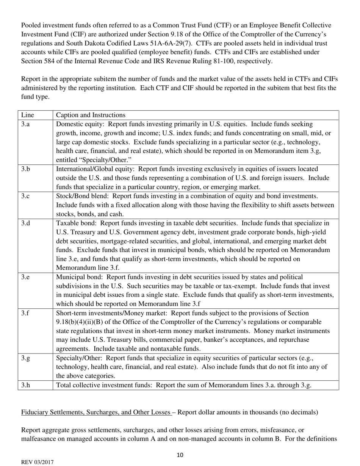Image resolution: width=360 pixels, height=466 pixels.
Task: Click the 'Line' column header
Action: [x=27, y=115]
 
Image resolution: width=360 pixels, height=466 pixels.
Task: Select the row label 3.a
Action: [x=25, y=124]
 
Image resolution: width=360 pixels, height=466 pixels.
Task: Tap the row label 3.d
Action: [x=25, y=223]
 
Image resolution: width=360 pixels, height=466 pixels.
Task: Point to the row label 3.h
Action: [x=25, y=386]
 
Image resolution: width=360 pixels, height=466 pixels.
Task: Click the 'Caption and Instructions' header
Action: [x=91, y=115]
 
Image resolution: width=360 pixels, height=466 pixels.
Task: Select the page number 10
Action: [x=180, y=455]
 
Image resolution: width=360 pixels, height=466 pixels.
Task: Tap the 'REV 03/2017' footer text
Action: [x=37, y=462]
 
